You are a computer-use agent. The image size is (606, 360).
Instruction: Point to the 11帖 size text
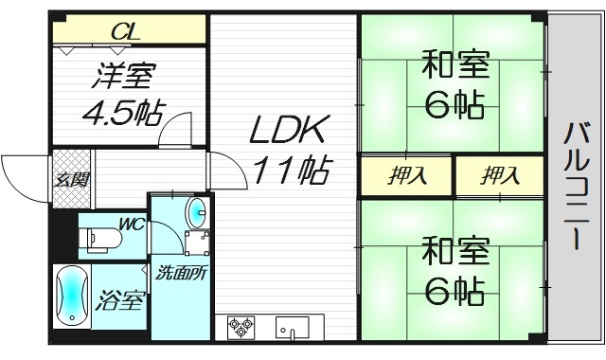290,171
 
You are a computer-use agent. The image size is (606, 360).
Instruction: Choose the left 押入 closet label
406,175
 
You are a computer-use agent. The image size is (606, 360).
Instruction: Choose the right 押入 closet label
500,175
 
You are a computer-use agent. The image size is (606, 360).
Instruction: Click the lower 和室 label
455,254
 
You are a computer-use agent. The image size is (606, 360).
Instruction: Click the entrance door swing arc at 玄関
19,171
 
